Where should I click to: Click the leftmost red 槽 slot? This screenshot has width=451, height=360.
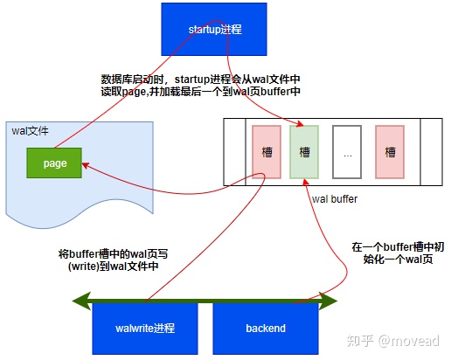267,151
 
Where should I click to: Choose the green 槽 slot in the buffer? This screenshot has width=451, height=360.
304,151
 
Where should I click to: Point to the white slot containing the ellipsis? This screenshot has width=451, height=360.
347,151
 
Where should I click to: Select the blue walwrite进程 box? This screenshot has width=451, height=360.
145,328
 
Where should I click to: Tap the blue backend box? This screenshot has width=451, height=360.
266,328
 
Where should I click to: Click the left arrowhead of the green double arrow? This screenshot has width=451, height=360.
77,302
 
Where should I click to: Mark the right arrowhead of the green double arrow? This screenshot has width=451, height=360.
333,302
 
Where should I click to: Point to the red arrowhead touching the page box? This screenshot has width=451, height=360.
85,162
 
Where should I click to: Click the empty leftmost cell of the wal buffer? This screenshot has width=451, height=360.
233,151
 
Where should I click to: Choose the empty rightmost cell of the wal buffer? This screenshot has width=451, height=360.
431,151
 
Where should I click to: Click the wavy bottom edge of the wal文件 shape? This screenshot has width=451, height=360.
70,219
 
